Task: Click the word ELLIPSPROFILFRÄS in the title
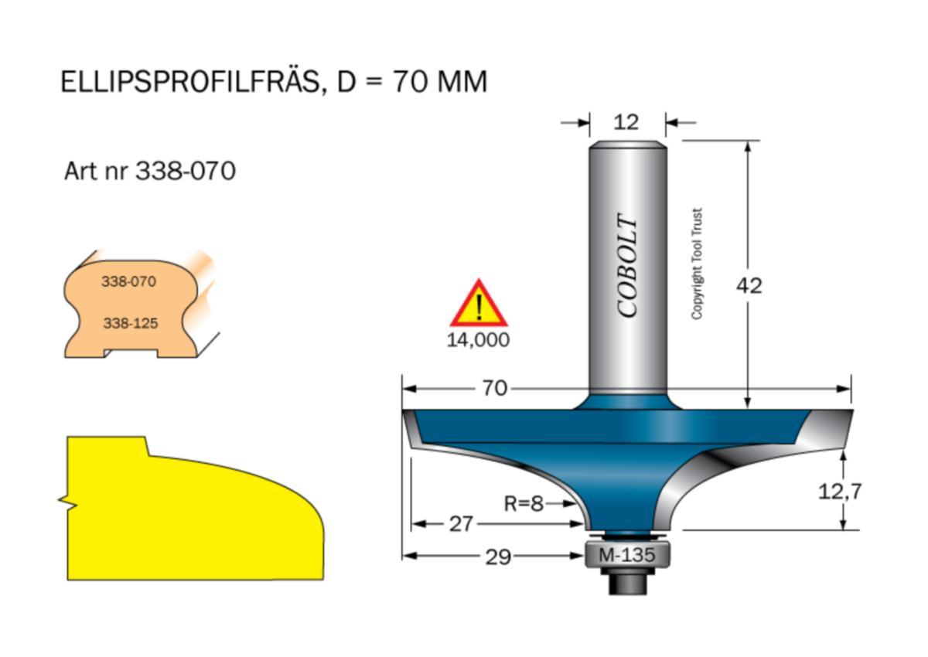[x=190, y=81]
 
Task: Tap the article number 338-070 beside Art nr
[x=186, y=171]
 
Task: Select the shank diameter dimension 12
[x=626, y=123]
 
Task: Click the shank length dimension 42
[x=749, y=286]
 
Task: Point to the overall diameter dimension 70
[x=495, y=389]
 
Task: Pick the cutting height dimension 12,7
[x=840, y=492]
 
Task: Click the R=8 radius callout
[x=524, y=504]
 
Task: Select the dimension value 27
[x=461, y=524]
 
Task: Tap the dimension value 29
[x=498, y=557]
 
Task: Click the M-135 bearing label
[x=627, y=555]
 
